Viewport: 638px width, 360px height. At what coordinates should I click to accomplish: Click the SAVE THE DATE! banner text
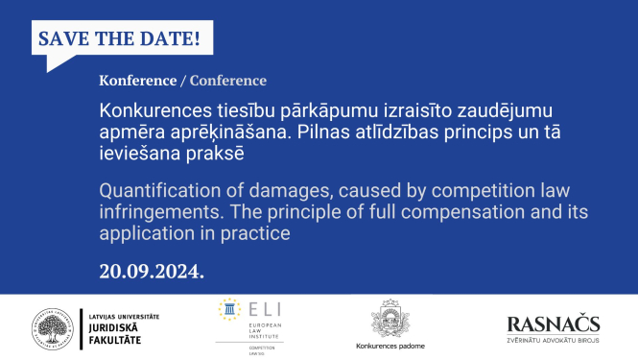(x=118, y=40)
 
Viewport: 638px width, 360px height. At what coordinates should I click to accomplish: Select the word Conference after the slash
(x=228, y=81)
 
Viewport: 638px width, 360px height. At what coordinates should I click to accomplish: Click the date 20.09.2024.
(x=152, y=271)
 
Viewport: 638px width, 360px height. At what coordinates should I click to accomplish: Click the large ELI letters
(x=254, y=308)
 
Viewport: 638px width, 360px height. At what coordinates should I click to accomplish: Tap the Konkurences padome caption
(x=390, y=346)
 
